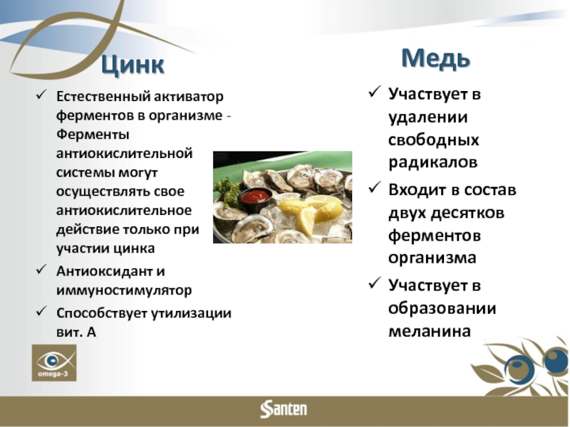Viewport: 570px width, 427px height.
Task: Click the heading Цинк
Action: pos(133,65)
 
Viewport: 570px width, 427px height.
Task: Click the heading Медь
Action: pos(435,58)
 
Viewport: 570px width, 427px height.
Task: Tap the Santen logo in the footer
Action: pos(284,410)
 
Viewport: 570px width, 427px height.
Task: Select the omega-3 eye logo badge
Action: pos(54,363)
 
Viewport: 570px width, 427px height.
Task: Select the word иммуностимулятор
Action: pos(124,290)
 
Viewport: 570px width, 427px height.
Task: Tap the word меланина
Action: pos(430,331)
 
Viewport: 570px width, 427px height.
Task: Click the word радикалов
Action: pos(432,162)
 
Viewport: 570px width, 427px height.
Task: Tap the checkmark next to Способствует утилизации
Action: pos(42,312)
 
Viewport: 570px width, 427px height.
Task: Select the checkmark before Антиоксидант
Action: pos(42,270)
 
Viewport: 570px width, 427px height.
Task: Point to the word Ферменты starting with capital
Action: pos(93,135)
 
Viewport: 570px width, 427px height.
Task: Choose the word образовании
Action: pos(442,309)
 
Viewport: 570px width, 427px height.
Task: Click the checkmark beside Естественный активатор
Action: pos(42,95)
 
